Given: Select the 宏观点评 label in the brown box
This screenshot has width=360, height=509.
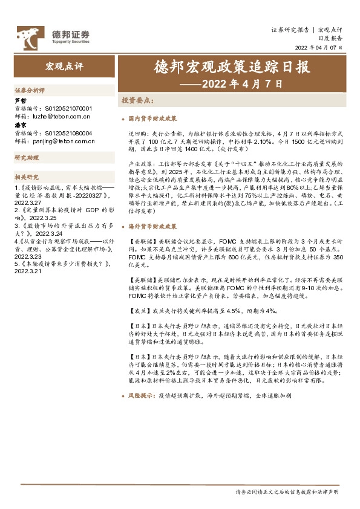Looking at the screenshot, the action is [62, 65].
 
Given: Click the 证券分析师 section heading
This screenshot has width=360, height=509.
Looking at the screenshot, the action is [30, 89].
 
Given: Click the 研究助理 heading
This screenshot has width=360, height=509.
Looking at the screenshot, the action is [26, 158].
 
